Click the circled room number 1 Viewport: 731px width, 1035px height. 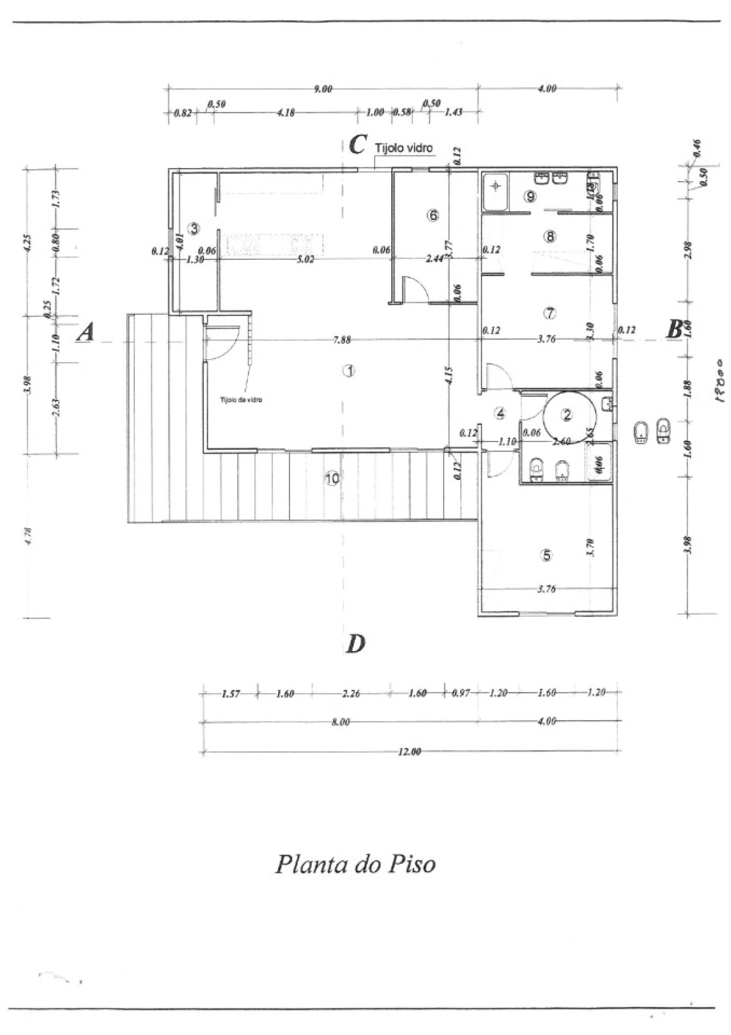[x=348, y=371]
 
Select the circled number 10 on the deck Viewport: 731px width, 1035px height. [x=332, y=479]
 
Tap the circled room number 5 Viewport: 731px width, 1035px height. [x=547, y=555]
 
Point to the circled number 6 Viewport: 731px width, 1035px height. [x=433, y=215]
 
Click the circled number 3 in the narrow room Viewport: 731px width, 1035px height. [x=194, y=228]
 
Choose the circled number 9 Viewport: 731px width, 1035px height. [x=531, y=196]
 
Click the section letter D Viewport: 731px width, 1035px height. [x=355, y=644]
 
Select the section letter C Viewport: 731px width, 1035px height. [x=358, y=145]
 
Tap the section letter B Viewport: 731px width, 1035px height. [x=674, y=330]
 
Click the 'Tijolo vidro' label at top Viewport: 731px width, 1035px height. [x=404, y=148]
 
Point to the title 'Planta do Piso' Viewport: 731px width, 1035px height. [x=355, y=864]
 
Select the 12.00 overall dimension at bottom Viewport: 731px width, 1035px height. [x=409, y=751]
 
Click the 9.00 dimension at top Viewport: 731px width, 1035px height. [x=323, y=89]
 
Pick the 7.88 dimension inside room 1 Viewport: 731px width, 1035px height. [x=342, y=340]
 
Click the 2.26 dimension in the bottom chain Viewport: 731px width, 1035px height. [x=351, y=693]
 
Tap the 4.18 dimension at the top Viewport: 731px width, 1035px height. [x=286, y=113]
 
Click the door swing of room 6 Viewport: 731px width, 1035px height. [x=415, y=288]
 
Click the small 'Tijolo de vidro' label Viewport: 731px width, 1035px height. [x=241, y=400]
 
